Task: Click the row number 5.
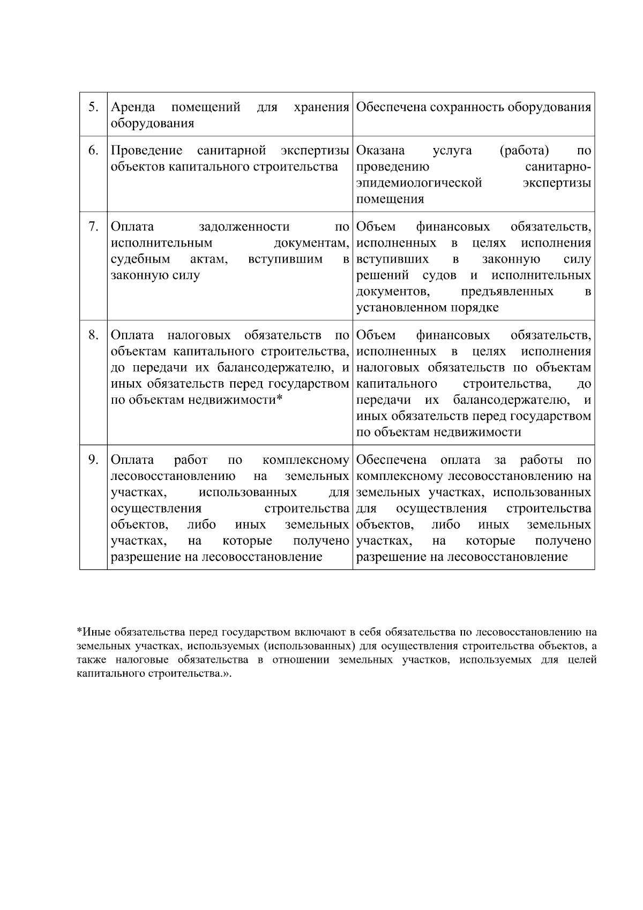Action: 93,107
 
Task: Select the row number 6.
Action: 93,151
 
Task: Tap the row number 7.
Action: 93,227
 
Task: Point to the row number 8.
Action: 93,335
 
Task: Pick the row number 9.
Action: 93,460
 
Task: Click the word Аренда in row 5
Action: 133,107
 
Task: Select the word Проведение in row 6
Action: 146,151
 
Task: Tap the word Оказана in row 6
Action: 380,151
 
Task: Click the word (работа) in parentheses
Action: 524,151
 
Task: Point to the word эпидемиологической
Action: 419,183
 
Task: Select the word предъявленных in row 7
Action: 507,292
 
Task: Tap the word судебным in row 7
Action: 140,260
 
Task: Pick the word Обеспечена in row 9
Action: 391,460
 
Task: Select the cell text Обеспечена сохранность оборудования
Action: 474,107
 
